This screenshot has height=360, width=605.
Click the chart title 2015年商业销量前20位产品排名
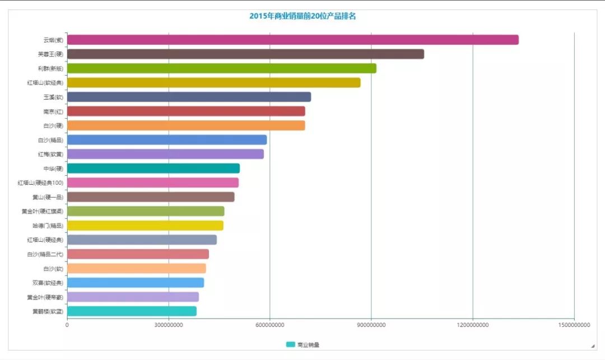point(302,16)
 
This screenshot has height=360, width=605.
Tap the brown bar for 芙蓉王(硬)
point(245,54)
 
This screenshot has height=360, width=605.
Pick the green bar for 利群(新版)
point(221,68)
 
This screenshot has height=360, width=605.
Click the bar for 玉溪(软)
point(189,97)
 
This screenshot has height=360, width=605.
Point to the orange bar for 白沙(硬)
point(186,125)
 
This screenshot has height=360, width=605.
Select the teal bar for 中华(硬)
point(153,169)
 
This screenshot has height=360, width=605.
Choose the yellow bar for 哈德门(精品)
point(145,226)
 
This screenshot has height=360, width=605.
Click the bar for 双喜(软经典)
point(136,283)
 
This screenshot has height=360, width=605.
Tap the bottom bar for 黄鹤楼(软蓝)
point(132,311)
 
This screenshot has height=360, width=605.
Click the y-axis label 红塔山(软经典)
point(45,83)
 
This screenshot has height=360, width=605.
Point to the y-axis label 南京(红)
point(53,111)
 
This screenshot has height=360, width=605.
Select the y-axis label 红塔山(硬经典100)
point(40,183)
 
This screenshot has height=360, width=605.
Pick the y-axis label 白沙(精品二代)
point(45,254)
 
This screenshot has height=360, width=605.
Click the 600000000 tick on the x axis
point(270,325)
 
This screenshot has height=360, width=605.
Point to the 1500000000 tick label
point(574,325)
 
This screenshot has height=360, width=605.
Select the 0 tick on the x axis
point(67,325)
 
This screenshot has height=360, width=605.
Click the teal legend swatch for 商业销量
point(290,345)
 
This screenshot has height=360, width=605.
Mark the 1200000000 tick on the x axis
point(473,325)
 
